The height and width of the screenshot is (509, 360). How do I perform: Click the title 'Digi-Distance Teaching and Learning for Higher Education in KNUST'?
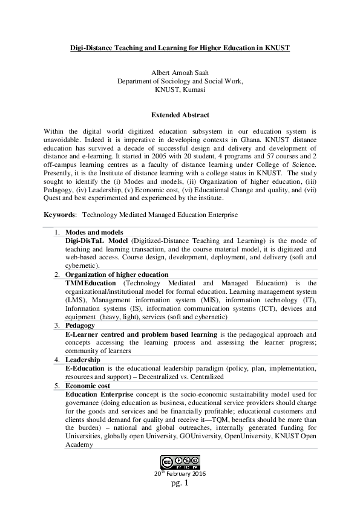coord(180,47)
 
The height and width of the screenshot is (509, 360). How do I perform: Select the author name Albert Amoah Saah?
coord(180,72)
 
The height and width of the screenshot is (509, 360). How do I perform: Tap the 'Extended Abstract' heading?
coord(180,115)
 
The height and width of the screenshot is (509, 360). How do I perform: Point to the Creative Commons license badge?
coord(180,462)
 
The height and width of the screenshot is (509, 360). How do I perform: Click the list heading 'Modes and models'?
coord(94,232)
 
